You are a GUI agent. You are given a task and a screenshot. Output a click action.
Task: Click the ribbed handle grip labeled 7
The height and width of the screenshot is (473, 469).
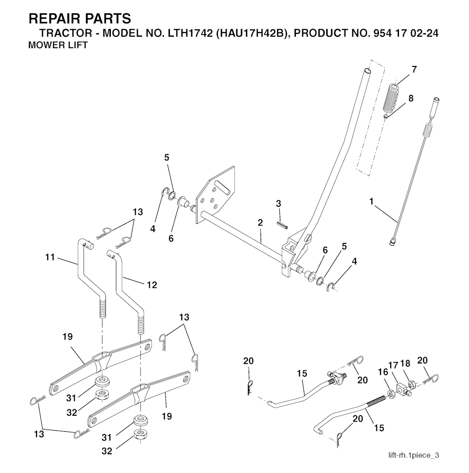391,99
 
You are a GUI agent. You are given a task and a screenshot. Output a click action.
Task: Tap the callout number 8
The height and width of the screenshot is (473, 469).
410,98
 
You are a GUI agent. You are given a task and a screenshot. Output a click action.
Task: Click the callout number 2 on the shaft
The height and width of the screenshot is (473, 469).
260,223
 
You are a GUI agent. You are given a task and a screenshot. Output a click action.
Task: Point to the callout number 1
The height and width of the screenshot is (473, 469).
371,200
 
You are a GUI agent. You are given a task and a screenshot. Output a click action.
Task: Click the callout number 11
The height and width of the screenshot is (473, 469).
50,258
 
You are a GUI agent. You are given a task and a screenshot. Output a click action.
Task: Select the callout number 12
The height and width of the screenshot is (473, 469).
152,285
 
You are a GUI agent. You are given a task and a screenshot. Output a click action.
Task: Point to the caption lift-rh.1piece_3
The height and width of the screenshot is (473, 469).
414,455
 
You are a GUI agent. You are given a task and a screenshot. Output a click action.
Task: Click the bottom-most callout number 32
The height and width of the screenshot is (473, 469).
106,451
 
